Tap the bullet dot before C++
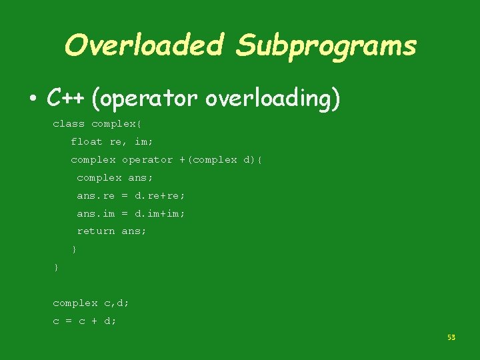click(33, 99)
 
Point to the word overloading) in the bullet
click(273, 99)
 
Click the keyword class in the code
click(69, 123)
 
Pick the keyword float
click(87, 141)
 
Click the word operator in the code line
click(147, 159)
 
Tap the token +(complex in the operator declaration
click(208, 159)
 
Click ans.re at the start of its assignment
click(96, 195)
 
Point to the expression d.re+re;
click(160, 195)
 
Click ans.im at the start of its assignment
click(96, 213)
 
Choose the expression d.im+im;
click(160, 213)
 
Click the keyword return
click(96, 231)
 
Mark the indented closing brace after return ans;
click(74, 249)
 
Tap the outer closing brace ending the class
click(56, 267)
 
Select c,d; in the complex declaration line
click(117, 303)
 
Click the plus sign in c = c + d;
click(93, 321)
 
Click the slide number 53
click(451, 338)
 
